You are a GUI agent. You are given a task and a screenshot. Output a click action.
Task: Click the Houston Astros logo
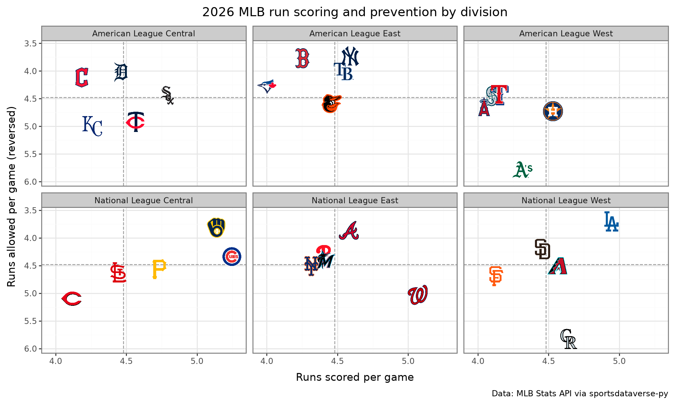(x=553, y=111)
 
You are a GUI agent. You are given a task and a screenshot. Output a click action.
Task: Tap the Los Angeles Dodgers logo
(x=611, y=222)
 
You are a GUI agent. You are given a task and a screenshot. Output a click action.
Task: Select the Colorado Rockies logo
(x=568, y=339)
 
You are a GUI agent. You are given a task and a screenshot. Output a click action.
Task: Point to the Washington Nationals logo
(x=418, y=295)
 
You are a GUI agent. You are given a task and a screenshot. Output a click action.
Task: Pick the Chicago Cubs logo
(x=232, y=256)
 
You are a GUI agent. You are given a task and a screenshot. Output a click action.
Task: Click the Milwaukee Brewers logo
(x=216, y=228)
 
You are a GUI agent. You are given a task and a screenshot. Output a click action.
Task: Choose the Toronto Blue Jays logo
(x=267, y=86)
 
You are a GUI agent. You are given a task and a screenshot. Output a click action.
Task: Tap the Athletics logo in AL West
(x=522, y=170)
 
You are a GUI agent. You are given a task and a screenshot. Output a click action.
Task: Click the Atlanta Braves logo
(x=349, y=231)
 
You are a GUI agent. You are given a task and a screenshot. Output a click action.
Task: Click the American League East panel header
(x=355, y=33)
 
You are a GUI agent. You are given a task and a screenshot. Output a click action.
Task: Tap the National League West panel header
(x=566, y=200)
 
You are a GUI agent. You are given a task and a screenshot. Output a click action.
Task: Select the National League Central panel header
(x=144, y=200)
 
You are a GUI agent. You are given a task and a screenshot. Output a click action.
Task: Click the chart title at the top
(x=355, y=12)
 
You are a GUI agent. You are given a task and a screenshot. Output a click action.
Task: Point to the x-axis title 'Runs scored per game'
(x=355, y=377)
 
